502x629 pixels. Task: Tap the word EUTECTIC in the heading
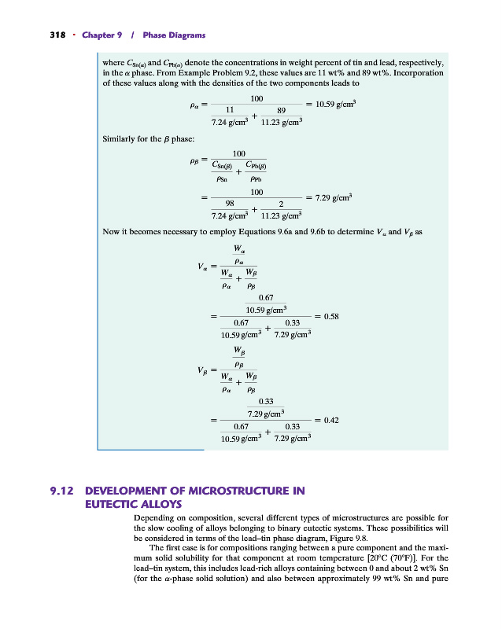111,504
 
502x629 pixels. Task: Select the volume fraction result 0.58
331,316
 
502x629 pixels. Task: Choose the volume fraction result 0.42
331,421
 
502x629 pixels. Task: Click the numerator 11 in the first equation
231,109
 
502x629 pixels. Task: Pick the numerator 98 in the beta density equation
231,202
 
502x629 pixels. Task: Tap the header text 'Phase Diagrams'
175,35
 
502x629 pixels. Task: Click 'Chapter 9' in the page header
101,35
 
